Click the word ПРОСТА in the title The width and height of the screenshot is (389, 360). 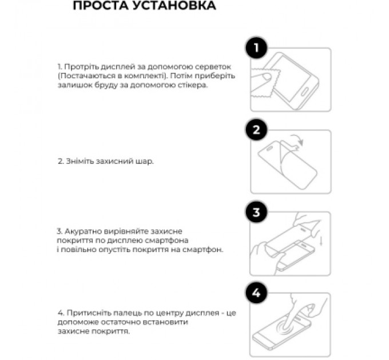pyautogui.click(x=101, y=7)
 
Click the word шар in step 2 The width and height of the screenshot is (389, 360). pyautogui.click(x=145, y=162)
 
